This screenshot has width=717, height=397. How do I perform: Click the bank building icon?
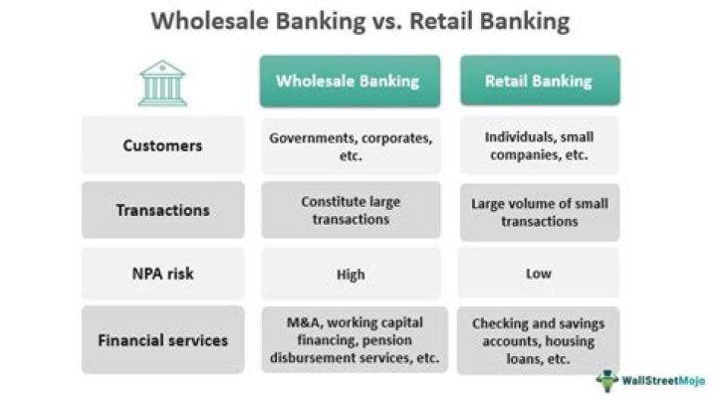click(162, 82)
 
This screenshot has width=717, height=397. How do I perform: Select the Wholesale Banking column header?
click(351, 81)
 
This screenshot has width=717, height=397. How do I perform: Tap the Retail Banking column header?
click(539, 81)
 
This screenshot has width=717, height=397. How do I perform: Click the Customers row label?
click(162, 145)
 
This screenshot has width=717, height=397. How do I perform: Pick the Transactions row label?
click(162, 210)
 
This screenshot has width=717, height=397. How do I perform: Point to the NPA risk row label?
click(162, 275)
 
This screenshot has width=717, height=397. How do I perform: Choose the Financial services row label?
click(162, 340)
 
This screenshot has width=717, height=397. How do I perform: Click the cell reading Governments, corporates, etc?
click(351, 145)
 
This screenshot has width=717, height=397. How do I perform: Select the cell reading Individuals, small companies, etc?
click(539, 145)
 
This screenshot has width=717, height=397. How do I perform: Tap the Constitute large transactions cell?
click(351, 210)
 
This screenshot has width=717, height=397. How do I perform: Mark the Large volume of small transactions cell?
click(539, 211)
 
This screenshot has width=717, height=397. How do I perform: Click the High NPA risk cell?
click(351, 275)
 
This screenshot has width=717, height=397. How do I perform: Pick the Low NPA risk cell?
click(539, 275)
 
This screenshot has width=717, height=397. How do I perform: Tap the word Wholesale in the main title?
click(204, 23)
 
